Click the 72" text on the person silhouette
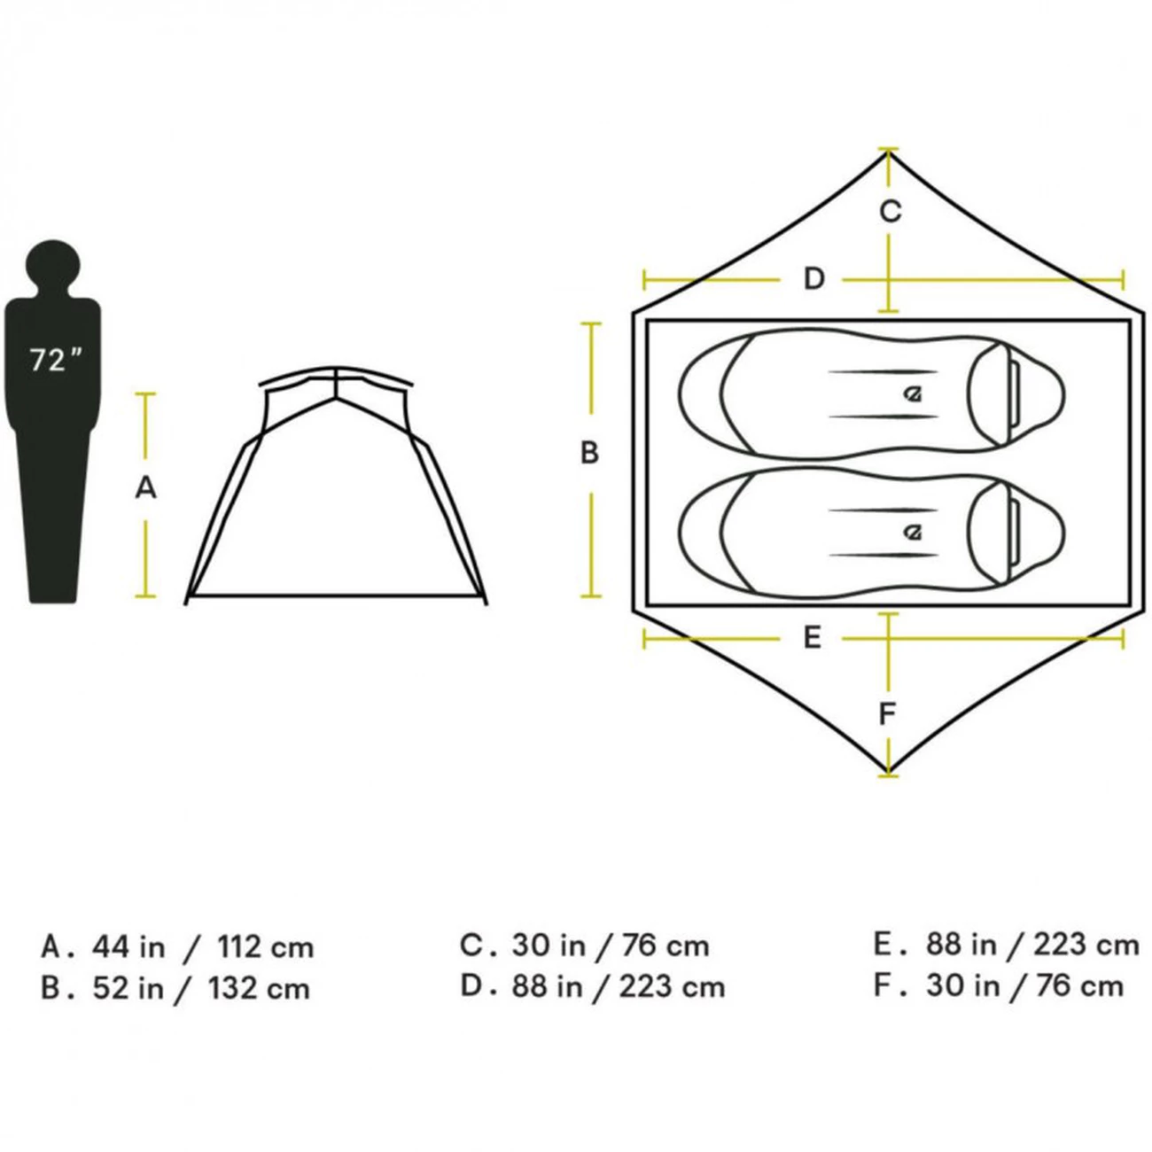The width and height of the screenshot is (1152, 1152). [54, 360]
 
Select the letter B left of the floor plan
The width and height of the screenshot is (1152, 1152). [589, 453]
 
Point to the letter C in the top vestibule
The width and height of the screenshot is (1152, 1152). [891, 212]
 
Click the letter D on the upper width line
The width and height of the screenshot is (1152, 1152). [813, 279]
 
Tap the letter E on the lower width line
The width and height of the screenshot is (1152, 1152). [812, 638]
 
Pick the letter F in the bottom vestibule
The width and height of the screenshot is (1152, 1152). [888, 713]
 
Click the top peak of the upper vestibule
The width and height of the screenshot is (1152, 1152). [888, 152]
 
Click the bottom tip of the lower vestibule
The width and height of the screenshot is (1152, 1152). [888, 770]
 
